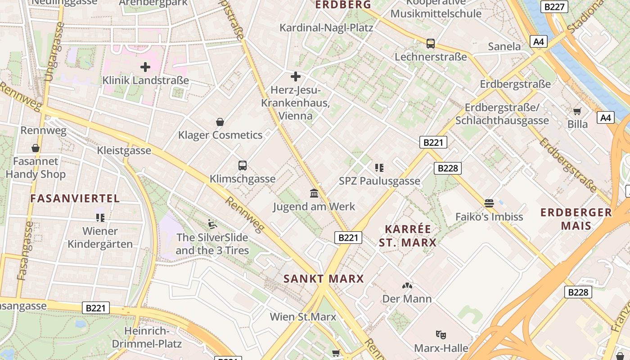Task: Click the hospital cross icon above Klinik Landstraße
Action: [x=145, y=67]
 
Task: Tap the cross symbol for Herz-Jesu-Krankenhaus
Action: [x=295, y=76]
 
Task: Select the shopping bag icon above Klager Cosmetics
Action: [x=220, y=122]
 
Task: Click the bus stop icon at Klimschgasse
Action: [x=243, y=166]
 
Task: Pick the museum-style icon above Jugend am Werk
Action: [x=314, y=193]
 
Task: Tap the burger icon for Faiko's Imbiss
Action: [x=489, y=203]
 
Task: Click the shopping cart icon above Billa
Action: [x=577, y=111]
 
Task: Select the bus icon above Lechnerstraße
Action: [x=431, y=44]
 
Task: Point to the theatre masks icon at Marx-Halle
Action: [x=441, y=334]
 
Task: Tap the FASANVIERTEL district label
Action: [x=75, y=198]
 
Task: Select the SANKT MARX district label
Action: [x=324, y=279]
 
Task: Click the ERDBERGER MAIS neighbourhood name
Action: [x=576, y=219]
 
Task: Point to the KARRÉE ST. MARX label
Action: [x=407, y=236]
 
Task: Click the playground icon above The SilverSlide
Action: [x=212, y=224]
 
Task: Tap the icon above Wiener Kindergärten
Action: [x=100, y=218]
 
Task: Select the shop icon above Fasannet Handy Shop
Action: [x=36, y=148]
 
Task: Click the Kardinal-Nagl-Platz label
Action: [x=326, y=28]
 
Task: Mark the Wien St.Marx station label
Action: [x=303, y=317]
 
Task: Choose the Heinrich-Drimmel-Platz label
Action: [x=147, y=337]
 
